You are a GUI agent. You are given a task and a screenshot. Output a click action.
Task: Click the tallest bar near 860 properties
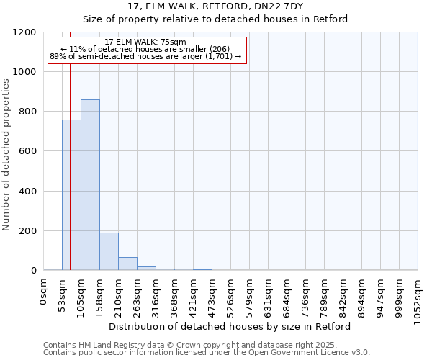click(90, 185)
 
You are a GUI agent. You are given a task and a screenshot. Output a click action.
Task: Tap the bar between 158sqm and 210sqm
click(109, 251)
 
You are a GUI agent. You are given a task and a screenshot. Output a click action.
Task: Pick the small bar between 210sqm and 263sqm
click(127, 264)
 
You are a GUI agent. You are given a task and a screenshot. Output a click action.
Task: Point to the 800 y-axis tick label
click(28, 112)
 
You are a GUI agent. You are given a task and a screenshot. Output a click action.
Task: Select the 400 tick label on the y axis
click(28, 192)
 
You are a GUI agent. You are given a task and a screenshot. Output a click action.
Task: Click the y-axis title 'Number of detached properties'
click(7, 155)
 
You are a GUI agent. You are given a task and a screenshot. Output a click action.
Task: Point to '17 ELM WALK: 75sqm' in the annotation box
click(145, 42)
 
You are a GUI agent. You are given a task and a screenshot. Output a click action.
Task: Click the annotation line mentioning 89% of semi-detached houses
click(145, 56)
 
